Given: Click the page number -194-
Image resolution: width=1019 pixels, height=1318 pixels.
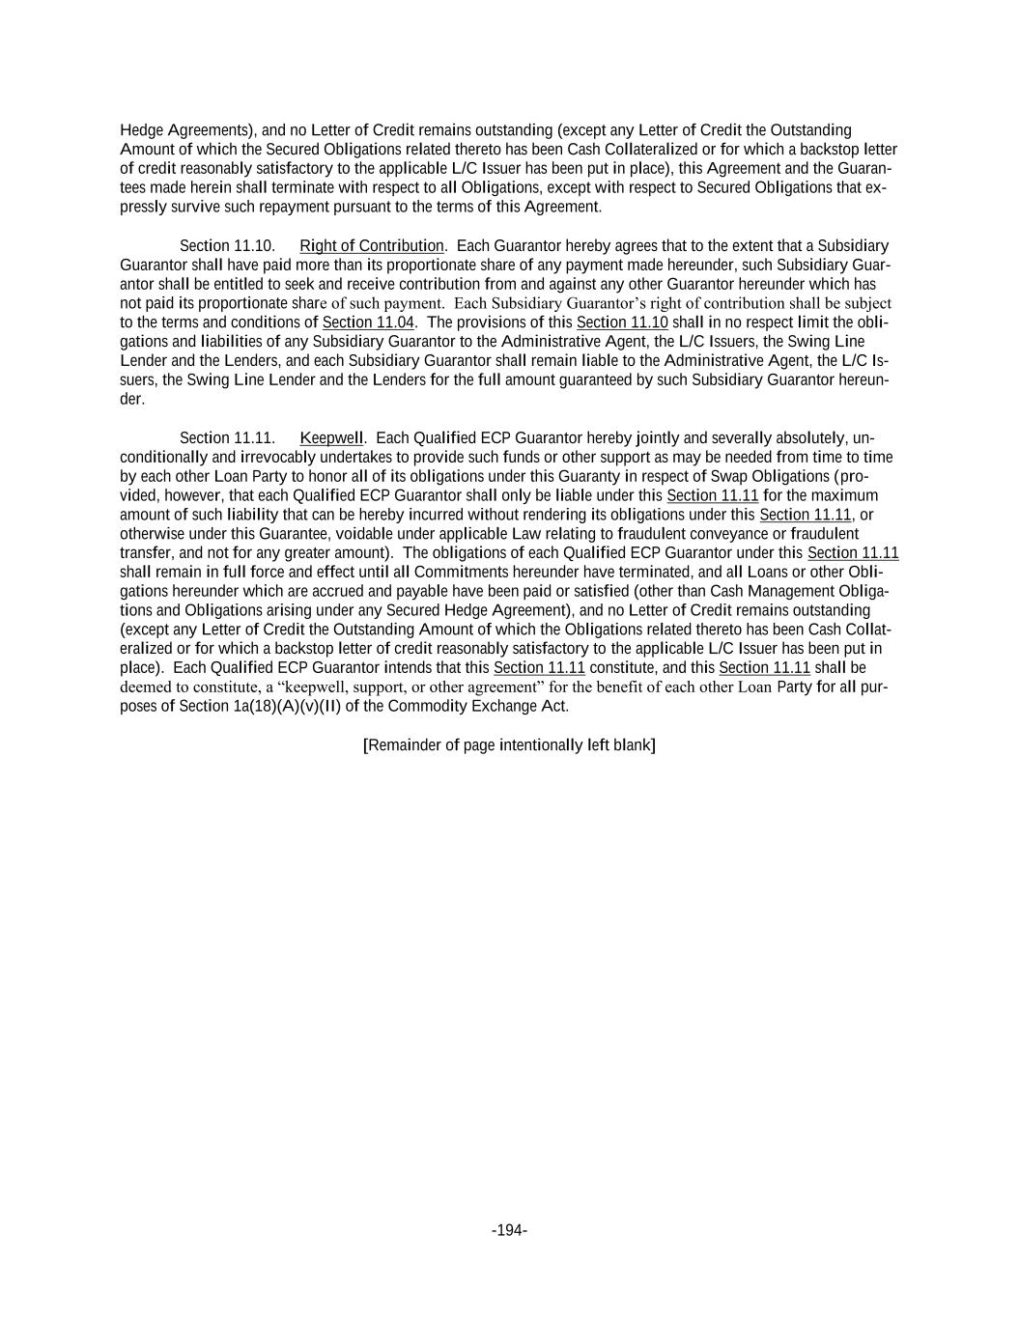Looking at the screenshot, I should coord(509,1230).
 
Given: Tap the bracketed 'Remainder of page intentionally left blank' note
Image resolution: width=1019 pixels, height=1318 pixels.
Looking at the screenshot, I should coord(509,744).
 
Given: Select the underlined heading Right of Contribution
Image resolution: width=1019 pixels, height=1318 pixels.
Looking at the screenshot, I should coord(372,246).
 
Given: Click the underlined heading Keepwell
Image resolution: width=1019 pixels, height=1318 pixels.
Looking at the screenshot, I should coord(331,438).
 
